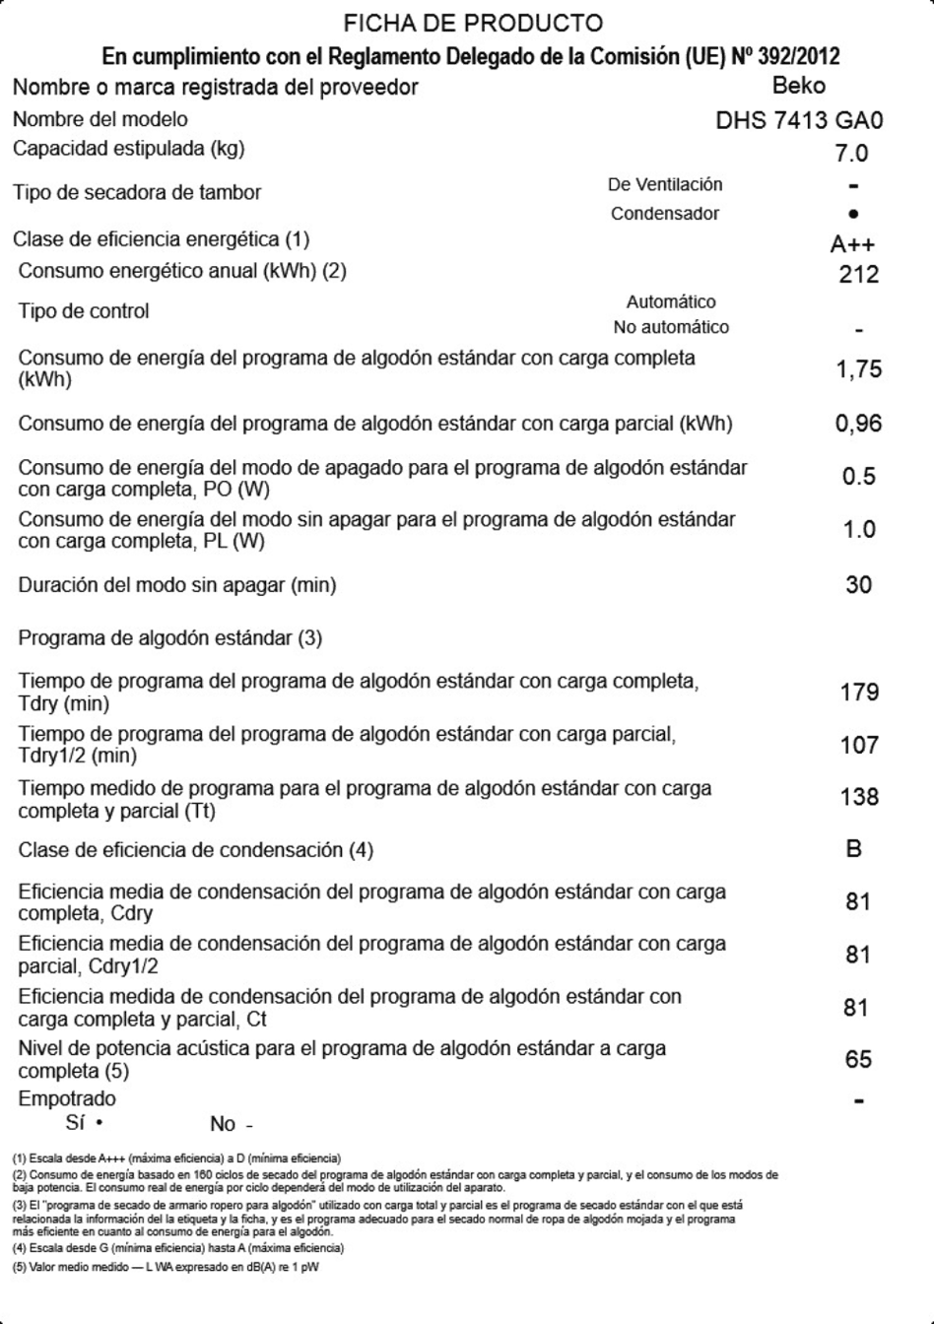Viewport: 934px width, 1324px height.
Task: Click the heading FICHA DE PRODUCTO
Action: pos(473,23)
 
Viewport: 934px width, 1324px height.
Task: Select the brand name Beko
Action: pos(799,86)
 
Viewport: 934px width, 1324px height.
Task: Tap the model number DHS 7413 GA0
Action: pos(799,121)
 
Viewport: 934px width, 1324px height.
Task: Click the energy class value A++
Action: pos(852,245)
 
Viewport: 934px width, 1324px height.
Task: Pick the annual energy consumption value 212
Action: pos(858,274)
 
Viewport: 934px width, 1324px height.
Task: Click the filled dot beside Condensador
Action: pos(853,214)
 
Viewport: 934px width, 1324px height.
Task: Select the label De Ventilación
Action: pos(665,184)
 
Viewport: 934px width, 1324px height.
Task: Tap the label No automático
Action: pos(671,327)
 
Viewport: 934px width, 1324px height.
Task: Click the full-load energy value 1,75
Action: pos(858,369)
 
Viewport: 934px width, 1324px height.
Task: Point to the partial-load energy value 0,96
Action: pos(858,424)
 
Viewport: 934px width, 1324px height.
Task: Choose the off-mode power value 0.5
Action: pos(858,477)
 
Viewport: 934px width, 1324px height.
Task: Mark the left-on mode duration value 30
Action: pos(858,584)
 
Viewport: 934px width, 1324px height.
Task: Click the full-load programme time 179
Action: pos(859,692)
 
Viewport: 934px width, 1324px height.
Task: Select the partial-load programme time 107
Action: pos(859,745)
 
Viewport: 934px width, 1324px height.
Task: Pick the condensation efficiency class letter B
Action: pos(854,848)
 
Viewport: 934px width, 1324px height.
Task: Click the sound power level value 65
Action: pos(858,1059)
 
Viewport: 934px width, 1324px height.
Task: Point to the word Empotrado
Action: pos(66,1098)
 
